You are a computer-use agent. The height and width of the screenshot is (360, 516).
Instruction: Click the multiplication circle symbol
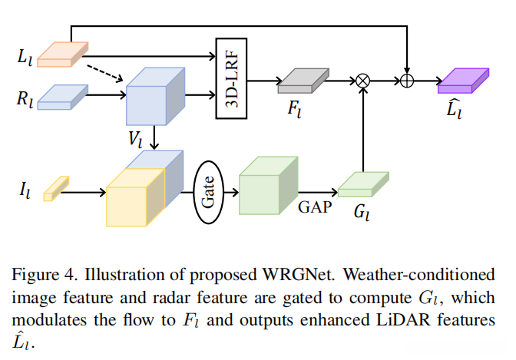[362, 79]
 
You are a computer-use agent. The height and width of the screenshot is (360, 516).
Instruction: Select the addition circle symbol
[407, 79]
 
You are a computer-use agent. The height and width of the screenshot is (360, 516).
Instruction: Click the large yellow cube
[137, 197]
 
